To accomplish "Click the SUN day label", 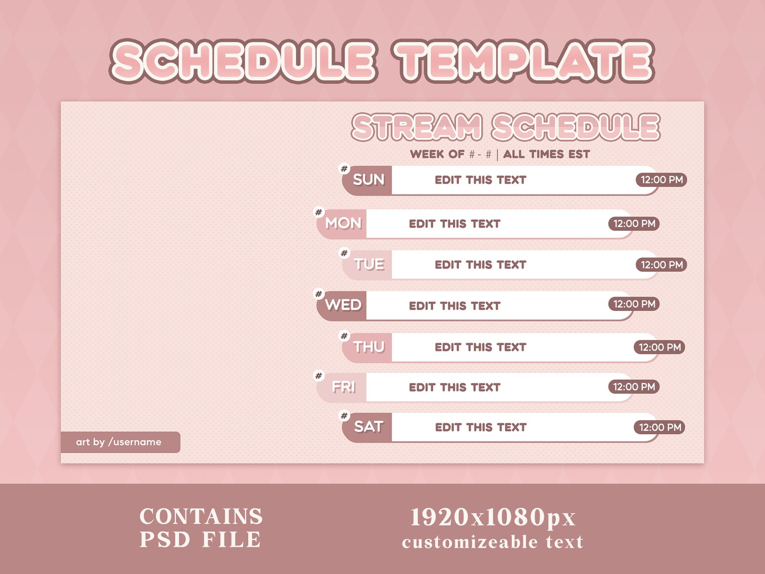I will point(369,180).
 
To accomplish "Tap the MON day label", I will point(343,223).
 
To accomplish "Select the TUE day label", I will point(369,265).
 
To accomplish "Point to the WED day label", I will point(343,305).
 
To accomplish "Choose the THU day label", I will point(369,347).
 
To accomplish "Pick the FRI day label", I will point(343,387).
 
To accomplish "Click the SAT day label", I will point(369,427).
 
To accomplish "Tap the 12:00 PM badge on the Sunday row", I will point(661,180).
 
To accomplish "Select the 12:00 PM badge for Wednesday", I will point(634,304).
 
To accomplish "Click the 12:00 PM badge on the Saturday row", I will point(659,427).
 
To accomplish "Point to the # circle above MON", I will point(318,212).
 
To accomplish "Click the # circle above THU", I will point(344,336).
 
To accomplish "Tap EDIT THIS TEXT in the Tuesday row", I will point(480,265).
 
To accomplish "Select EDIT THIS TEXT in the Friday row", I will point(454,387).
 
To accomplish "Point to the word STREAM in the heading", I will point(417,128).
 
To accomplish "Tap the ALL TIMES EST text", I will point(546,154).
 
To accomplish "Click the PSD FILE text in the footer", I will point(200,540).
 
